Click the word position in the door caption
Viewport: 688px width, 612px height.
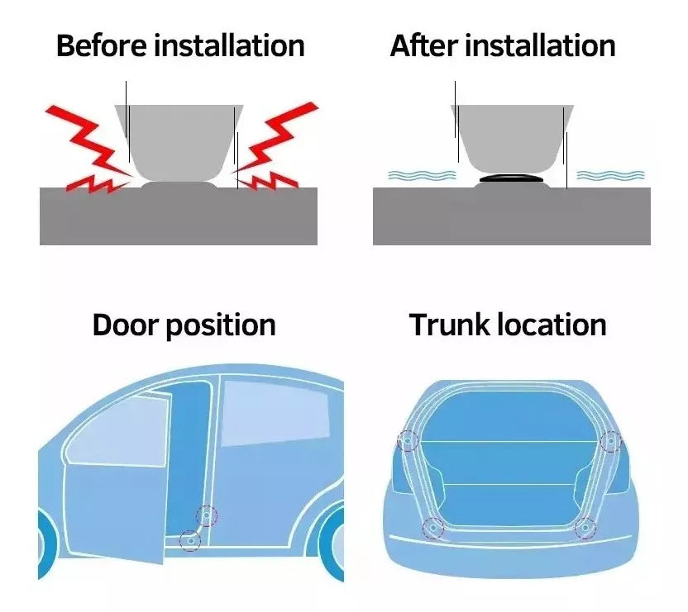click(x=220, y=325)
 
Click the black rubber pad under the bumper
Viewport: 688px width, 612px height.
click(x=509, y=178)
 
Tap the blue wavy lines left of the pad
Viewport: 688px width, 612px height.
click(x=422, y=175)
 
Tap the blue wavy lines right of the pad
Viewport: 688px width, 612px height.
click(x=610, y=175)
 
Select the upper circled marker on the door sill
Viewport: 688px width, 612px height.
click(x=206, y=517)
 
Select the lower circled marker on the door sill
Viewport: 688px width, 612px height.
click(x=190, y=540)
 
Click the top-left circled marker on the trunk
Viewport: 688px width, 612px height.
click(x=407, y=441)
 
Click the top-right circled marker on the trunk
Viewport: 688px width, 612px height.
click(x=610, y=442)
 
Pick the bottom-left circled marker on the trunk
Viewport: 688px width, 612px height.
click(x=432, y=528)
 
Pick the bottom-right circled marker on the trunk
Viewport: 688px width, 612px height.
click(x=585, y=528)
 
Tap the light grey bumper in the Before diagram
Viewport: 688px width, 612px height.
click(x=179, y=140)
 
